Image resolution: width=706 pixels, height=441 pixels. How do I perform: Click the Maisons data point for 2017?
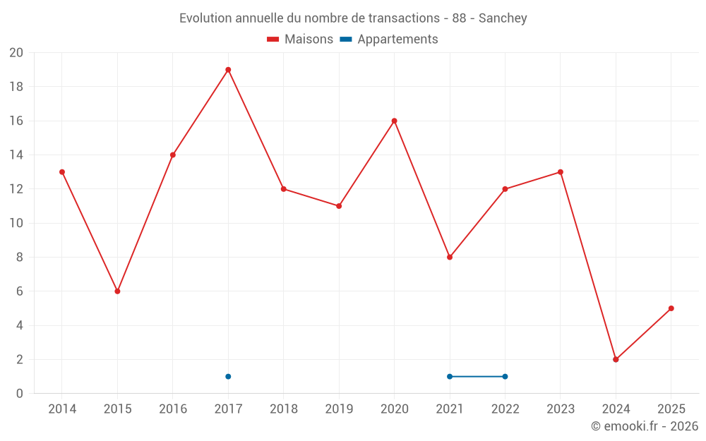pos(228,70)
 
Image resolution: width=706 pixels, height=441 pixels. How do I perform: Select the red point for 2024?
pos(616,359)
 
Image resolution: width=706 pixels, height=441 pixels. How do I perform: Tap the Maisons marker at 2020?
pos(394,121)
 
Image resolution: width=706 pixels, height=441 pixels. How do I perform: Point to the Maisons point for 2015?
pos(117,291)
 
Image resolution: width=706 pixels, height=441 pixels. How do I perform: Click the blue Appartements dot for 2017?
pos(228,376)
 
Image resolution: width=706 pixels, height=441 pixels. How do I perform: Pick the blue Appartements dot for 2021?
pos(450,376)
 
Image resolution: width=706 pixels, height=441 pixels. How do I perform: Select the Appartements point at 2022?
pos(505,376)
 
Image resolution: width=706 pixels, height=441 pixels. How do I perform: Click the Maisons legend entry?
pos(300,40)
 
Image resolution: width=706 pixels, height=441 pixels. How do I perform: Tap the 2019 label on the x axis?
pos(339,409)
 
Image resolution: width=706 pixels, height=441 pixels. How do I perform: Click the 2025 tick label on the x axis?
pos(671,409)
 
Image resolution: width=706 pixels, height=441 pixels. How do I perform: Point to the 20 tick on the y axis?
pos(16,53)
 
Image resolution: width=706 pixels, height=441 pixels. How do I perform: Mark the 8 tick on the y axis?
pos(20,258)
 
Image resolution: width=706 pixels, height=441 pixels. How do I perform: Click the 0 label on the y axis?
pos(20,394)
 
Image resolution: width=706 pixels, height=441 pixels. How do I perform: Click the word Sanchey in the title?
pos(503,18)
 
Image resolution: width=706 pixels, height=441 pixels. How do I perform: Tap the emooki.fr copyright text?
pos(644,426)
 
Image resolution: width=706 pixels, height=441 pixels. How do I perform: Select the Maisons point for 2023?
pos(561,172)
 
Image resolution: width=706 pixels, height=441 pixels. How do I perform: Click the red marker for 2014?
pos(62,172)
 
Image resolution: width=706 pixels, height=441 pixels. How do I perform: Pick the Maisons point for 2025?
pos(671,308)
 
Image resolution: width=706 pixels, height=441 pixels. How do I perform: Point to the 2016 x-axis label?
pos(173,409)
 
